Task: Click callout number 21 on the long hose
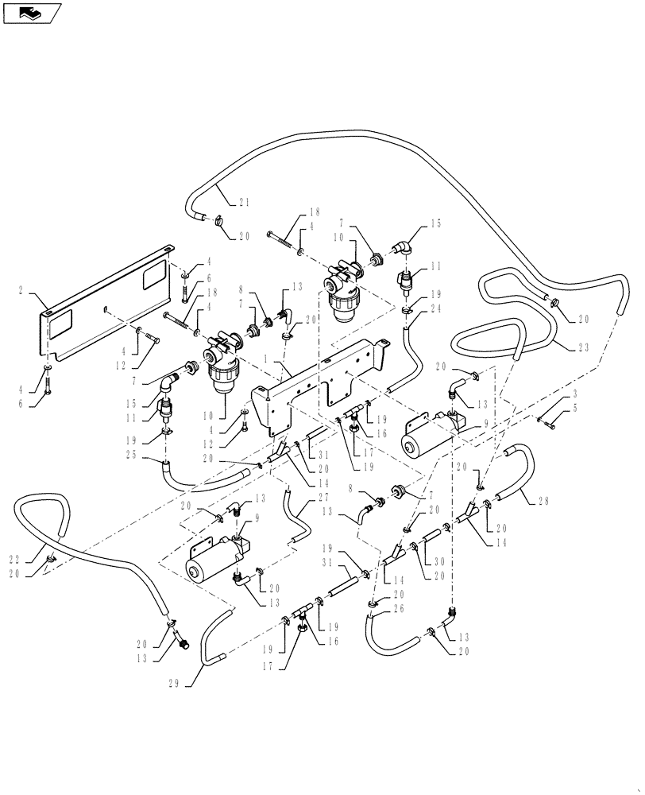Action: [244, 202]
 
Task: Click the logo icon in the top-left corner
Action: [32, 12]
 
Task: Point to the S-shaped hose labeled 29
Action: [213, 641]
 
